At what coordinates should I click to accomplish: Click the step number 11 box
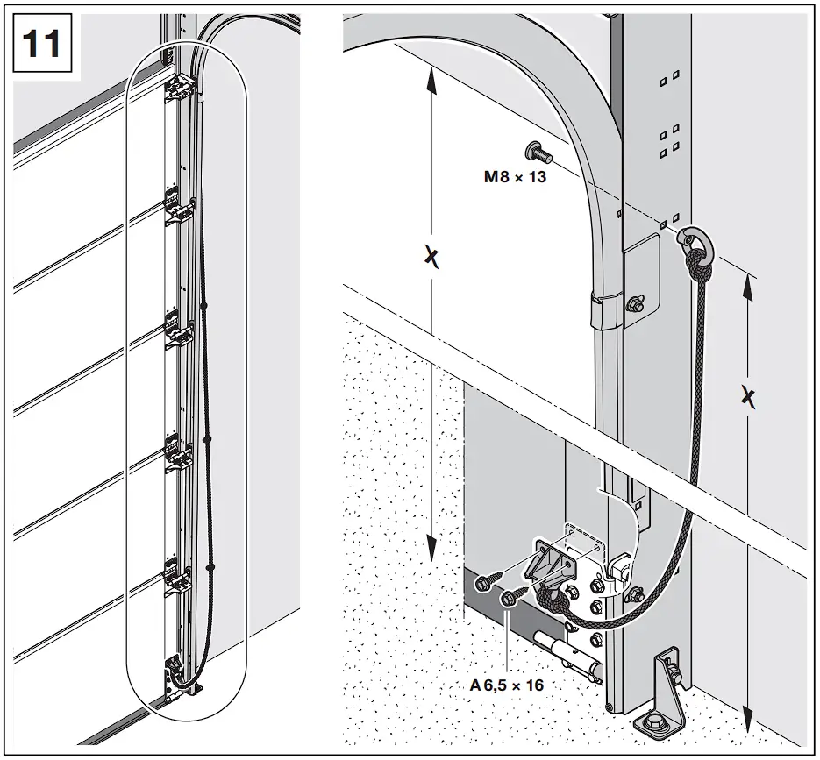click(x=42, y=43)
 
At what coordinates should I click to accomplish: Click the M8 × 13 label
click(x=515, y=176)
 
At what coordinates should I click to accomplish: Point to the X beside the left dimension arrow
click(x=431, y=256)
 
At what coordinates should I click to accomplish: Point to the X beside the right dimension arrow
click(x=747, y=397)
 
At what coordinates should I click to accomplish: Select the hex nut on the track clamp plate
click(x=633, y=303)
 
